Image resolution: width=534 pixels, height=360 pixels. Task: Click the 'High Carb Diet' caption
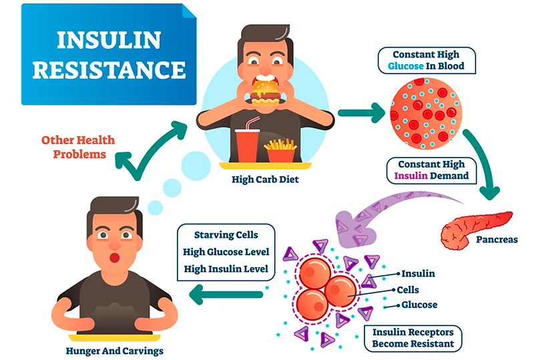(265, 179)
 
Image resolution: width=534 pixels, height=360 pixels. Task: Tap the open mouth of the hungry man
(113, 256)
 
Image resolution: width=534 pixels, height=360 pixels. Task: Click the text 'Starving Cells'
(226, 235)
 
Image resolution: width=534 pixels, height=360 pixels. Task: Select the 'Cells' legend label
(409, 290)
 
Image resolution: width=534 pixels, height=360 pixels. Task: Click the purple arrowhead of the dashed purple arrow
(350, 221)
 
